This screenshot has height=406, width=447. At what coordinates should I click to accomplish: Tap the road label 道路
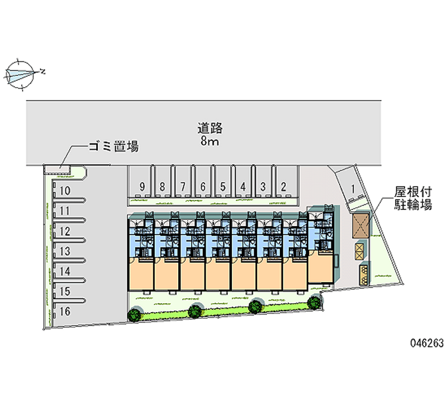point(210,128)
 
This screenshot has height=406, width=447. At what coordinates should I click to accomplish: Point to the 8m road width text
point(210,141)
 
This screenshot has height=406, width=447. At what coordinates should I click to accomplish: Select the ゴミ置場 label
point(114,146)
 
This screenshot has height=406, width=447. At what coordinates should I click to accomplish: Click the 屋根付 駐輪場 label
point(413,198)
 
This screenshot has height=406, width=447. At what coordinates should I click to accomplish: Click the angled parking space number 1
point(353,189)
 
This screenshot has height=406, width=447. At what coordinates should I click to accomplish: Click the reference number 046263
point(427,343)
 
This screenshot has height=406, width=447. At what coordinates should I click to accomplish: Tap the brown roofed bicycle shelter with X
point(360,226)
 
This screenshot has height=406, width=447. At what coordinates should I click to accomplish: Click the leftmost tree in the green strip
point(134,314)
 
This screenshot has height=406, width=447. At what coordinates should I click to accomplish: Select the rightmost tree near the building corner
point(314,303)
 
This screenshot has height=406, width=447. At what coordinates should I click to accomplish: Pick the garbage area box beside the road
point(57,170)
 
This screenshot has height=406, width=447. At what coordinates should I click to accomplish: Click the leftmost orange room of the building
point(141,274)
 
